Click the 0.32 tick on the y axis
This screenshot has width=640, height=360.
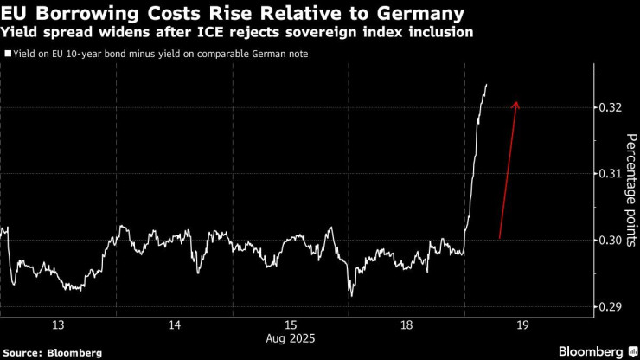pyautogui.click(x=610, y=107)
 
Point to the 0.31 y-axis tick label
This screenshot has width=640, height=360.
pyautogui.click(x=610, y=174)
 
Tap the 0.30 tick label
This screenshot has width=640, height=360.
pyautogui.click(x=610, y=241)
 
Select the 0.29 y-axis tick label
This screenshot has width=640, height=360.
pyautogui.click(x=610, y=307)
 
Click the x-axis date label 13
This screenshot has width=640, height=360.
pyautogui.click(x=59, y=325)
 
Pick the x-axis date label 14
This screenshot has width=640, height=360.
pyautogui.click(x=174, y=325)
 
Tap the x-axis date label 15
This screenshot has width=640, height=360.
pyautogui.click(x=290, y=325)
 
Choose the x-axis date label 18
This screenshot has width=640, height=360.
pyautogui.click(x=405, y=325)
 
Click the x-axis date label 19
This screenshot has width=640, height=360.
pyautogui.click(x=521, y=325)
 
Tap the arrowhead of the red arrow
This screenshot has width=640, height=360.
pyautogui.click(x=516, y=103)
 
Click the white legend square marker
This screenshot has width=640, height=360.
pyautogui.click(x=8, y=54)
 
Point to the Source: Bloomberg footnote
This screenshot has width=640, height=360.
pyautogui.click(x=52, y=352)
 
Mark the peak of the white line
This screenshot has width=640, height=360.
pyautogui.click(x=487, y=85)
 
